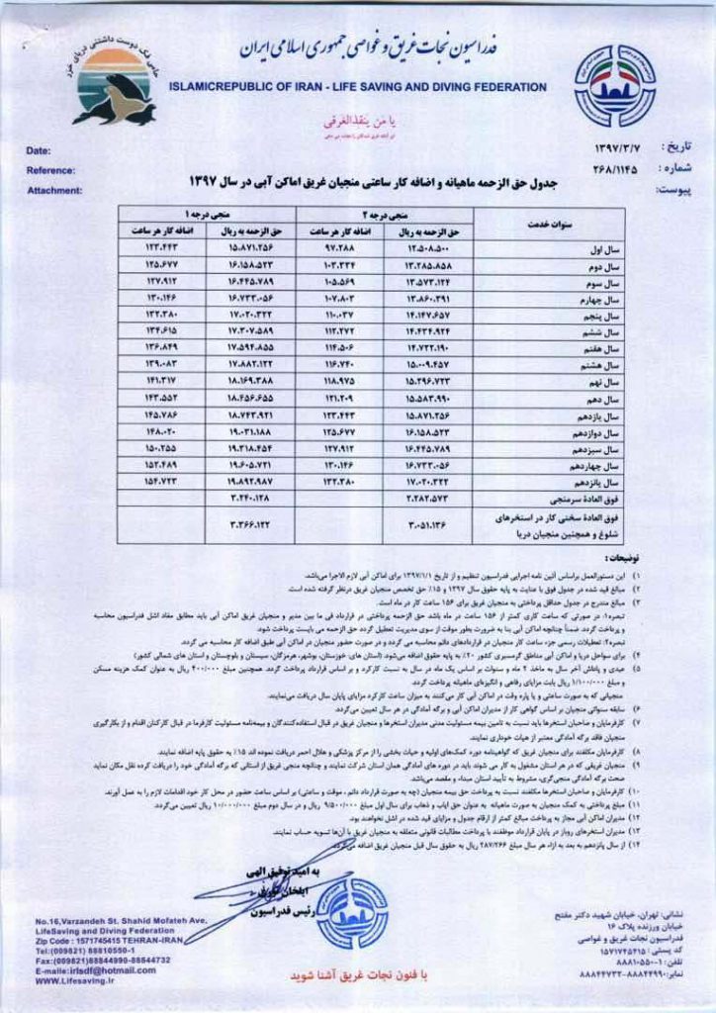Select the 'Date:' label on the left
[39, 150]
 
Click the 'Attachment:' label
[54, 190]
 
